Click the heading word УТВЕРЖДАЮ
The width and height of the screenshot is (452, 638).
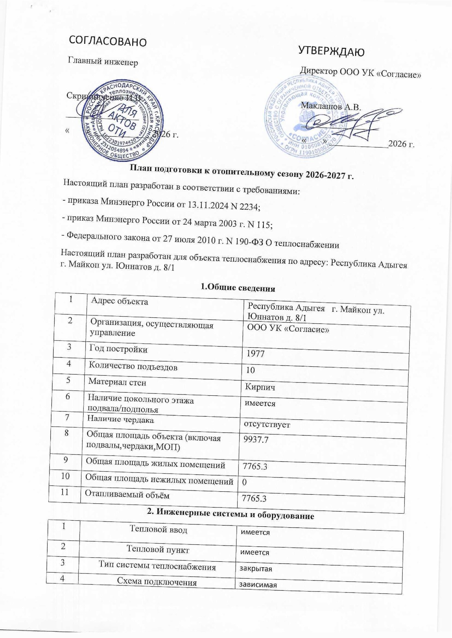[331, 52]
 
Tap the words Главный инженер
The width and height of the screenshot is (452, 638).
[103, 62]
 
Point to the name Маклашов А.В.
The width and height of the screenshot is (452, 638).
[331, 106]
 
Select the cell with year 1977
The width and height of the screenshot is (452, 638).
[255, 353]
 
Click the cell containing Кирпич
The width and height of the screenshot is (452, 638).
[260, 387]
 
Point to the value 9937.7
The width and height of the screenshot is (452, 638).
[256, 440]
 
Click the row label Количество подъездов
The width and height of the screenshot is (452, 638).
[133, 367]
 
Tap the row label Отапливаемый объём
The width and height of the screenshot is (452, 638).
[127, 495]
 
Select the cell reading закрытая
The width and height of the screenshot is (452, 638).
[254, 569]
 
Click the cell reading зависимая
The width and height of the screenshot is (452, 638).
[256, 585]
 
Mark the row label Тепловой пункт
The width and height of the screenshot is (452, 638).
[158, 550]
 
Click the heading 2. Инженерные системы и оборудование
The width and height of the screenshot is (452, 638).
[230, 515]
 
